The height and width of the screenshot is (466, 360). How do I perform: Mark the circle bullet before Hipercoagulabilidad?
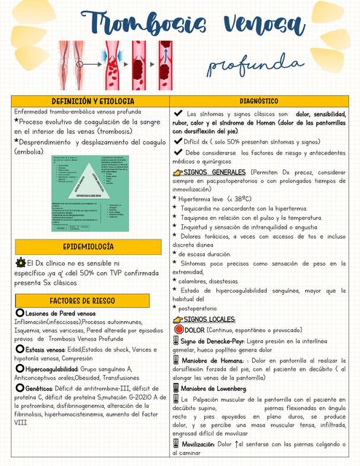20,369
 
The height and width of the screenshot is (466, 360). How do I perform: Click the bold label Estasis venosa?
45,349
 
